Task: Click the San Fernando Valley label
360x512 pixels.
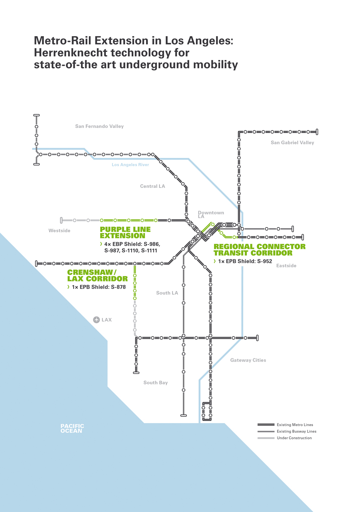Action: pos(99,126)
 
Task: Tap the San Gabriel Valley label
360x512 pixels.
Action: pos(292,143)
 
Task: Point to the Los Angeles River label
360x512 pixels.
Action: pos(130,165)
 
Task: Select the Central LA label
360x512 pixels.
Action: pos(153,186)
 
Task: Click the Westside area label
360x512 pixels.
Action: pos(59,231)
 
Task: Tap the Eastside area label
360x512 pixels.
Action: pos(286,266)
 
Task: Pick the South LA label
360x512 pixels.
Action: pos(167,293)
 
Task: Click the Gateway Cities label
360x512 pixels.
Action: pos(248,360)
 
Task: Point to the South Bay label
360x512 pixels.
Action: pos(155,383)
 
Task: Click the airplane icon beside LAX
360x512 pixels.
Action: pos(97,320)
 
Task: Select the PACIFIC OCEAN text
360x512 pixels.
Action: pos(72,429)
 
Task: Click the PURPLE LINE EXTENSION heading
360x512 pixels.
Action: pos(125,233)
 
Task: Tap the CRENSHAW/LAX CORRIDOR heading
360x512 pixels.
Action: pos(97,276)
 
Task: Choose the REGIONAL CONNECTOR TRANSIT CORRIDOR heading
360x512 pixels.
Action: pos(259,250)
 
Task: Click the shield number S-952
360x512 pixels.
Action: pos(265,262)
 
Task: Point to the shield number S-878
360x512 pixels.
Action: pos(118,287)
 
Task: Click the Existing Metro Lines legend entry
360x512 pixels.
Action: pos(295,425)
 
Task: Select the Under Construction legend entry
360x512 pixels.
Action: pos(294,438)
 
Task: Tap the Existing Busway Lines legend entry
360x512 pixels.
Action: pos(296,431)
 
